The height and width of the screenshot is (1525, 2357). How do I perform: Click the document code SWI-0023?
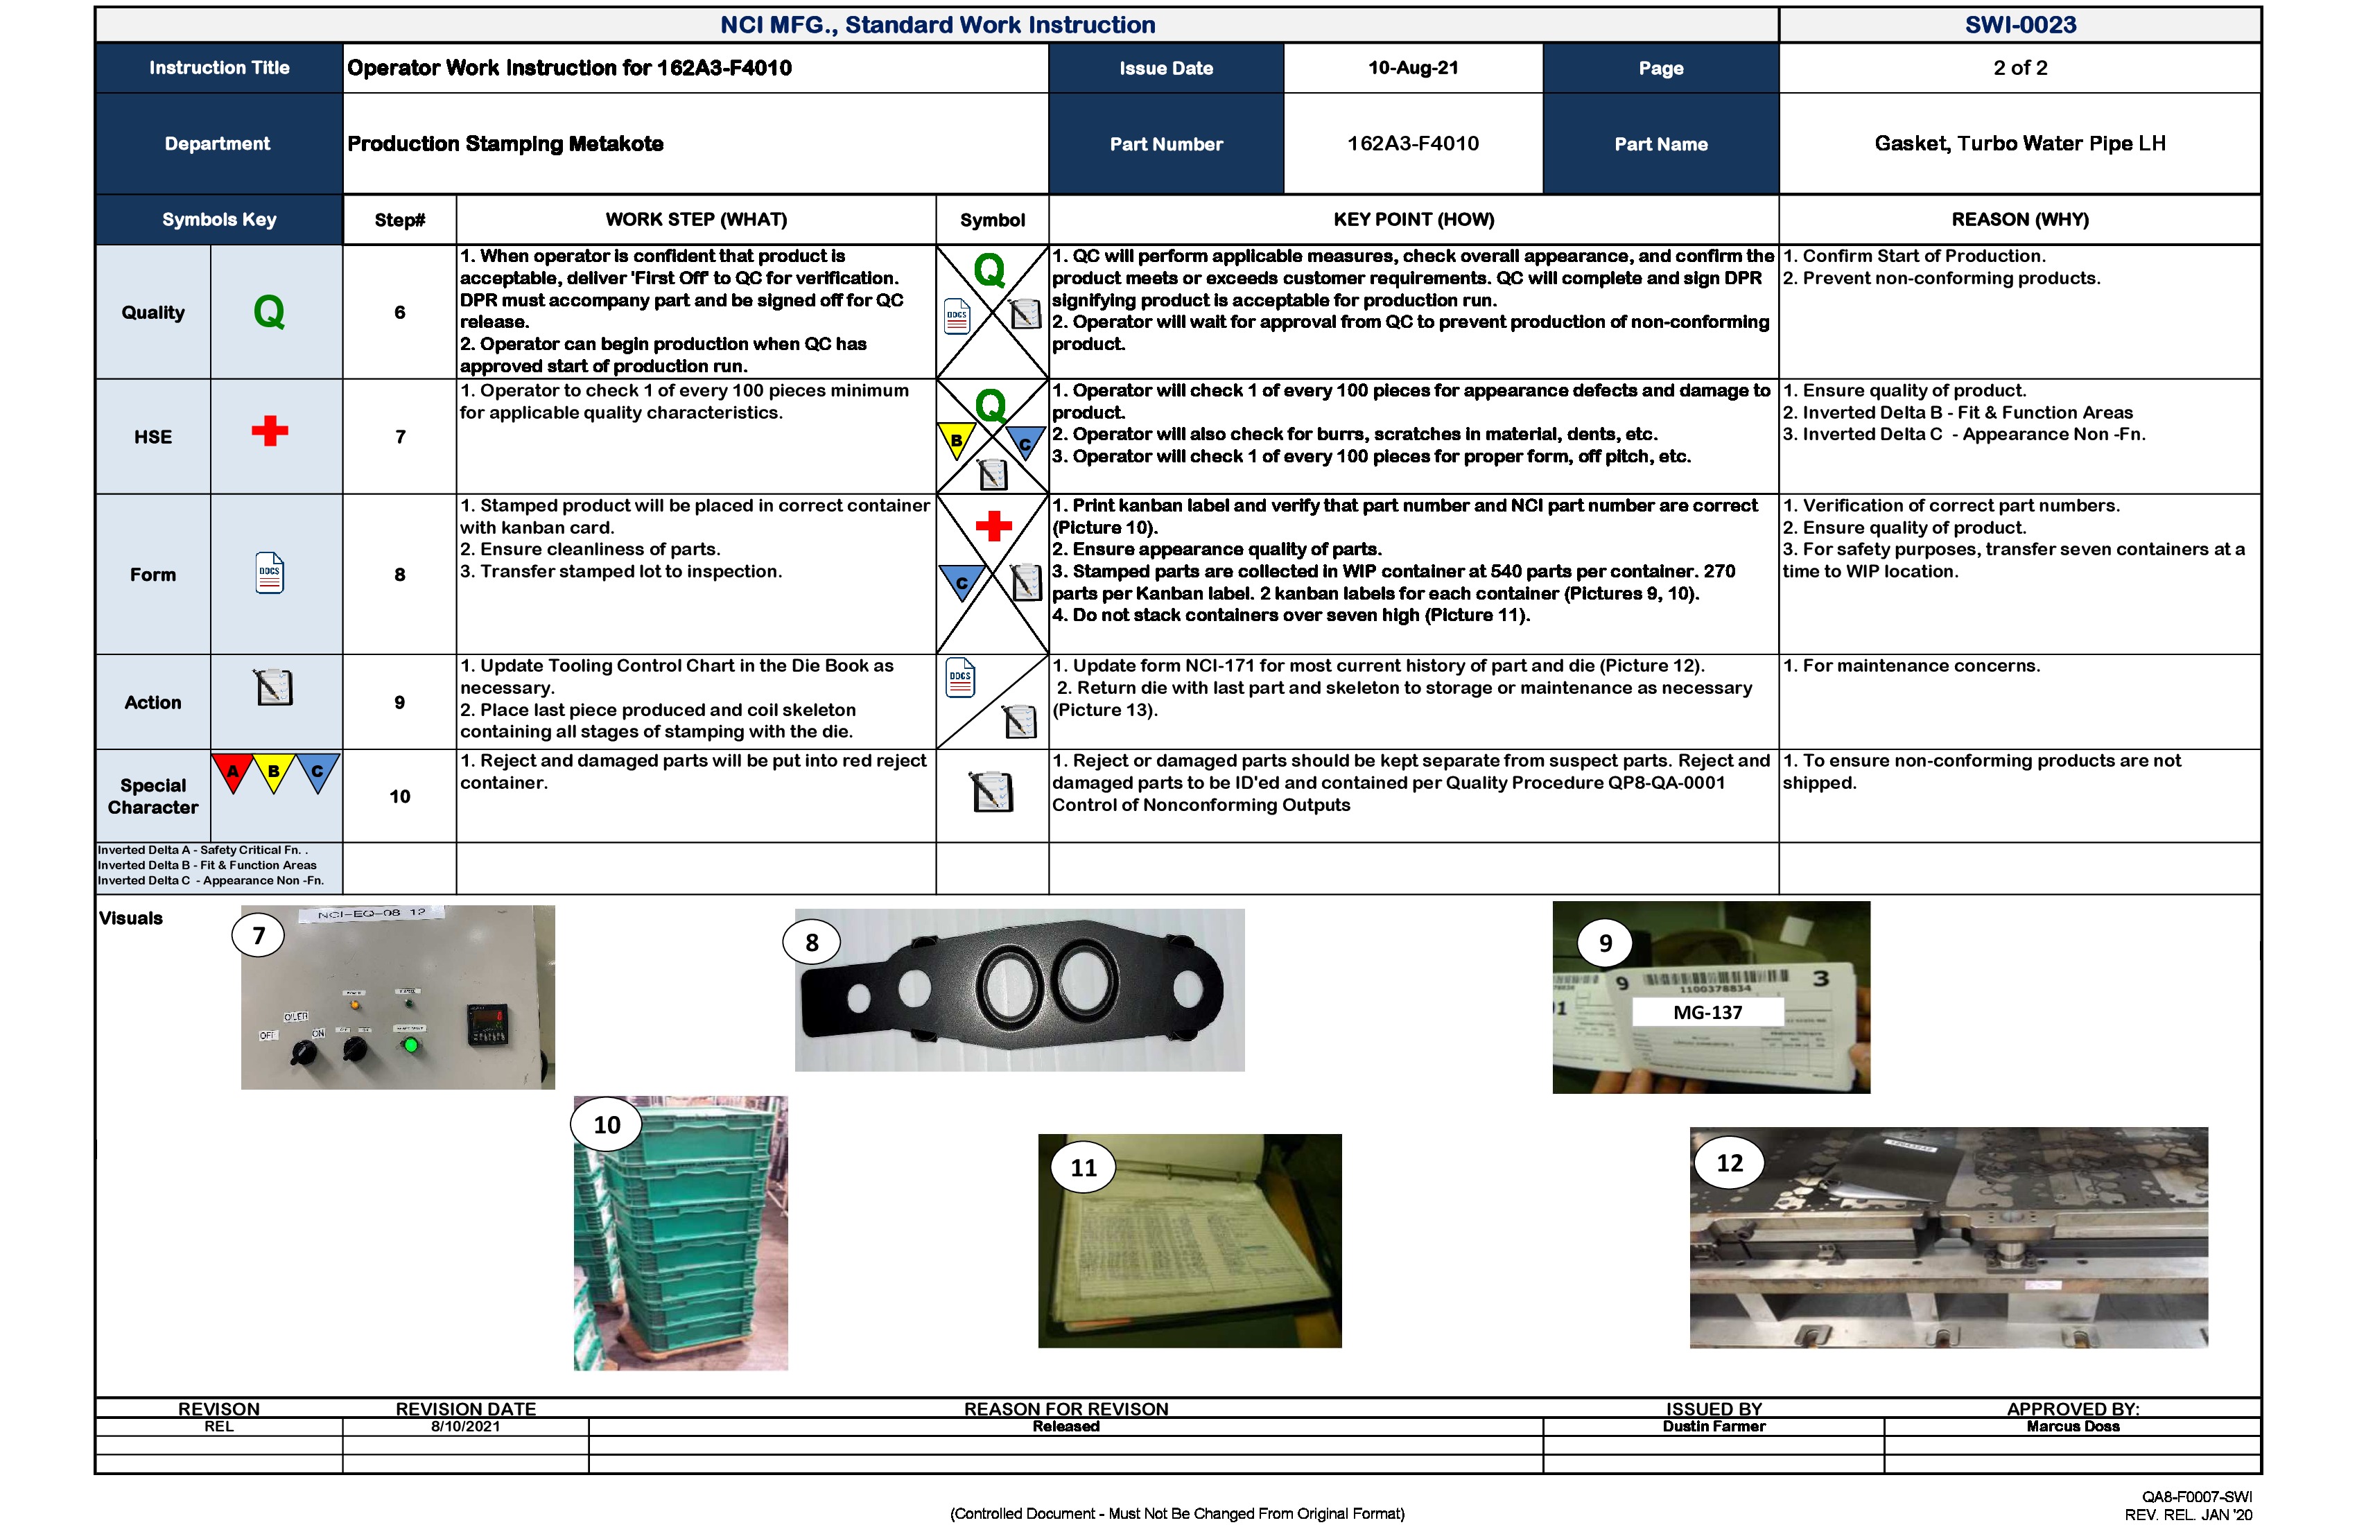2019,25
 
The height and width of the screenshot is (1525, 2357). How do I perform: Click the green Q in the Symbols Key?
270,312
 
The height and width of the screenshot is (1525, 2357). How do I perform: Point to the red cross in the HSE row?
270,430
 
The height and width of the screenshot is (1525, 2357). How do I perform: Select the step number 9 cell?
399,702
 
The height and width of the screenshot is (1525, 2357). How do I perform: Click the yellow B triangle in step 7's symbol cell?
957,439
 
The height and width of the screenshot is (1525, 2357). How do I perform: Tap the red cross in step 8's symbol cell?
993,526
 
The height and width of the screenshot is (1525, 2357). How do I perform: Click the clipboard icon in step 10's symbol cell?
992,792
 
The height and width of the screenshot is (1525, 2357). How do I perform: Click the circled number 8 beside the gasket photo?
811,943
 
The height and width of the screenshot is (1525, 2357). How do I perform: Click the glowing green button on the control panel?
411,1045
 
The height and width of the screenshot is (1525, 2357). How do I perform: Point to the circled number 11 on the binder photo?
1084,1167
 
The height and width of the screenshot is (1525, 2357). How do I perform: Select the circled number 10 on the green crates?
607,1125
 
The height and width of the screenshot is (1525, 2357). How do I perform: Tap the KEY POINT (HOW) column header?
1414,220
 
